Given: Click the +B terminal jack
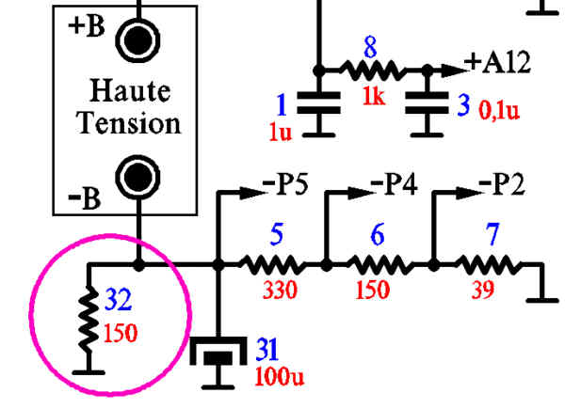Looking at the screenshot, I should [x=137, y=39].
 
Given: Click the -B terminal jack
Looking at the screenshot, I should [x=137, y=176].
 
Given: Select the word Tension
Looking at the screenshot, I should [x=128, y=122].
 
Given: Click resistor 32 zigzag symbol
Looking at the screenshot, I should [x=89, y=317].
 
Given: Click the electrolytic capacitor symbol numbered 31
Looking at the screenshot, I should [x=219, y=354].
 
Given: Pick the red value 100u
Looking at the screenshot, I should [x=281, y=378].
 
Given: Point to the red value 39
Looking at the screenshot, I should [x=482, y=290].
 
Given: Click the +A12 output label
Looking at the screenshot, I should [x=499, y=64].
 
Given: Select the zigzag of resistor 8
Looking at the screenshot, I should [x=372, y=69].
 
